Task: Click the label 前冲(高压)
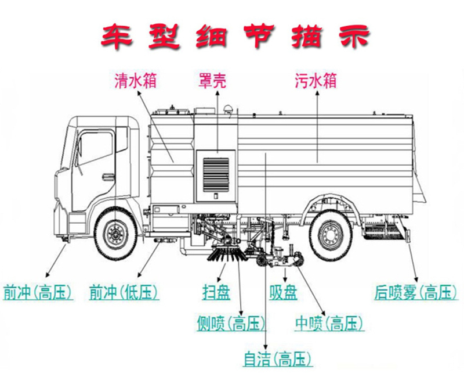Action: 38,291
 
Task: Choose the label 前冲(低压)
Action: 124,291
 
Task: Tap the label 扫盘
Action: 215,291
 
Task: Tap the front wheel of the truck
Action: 115,235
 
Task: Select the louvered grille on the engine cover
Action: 216,173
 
